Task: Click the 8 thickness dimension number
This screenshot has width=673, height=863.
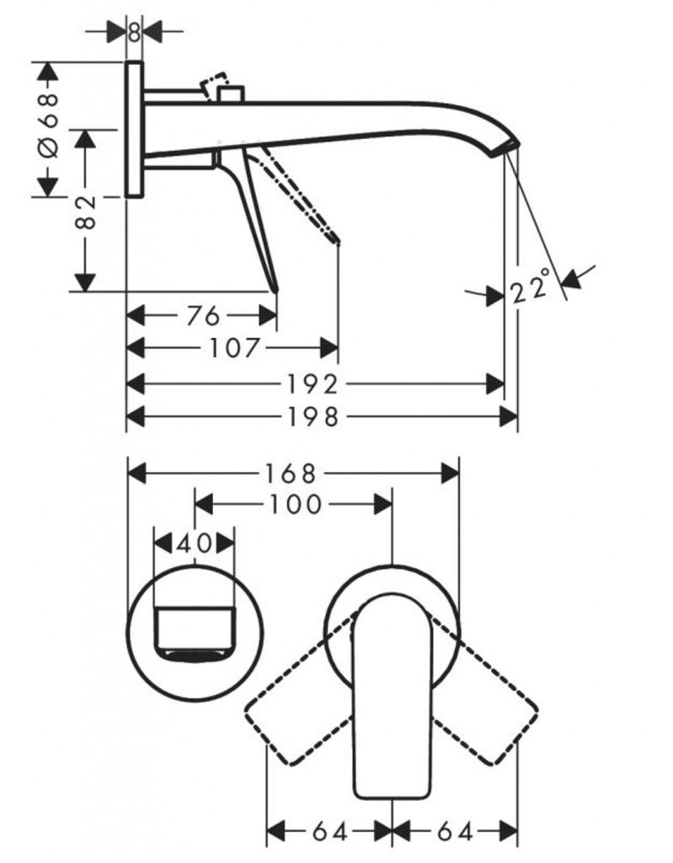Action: pos(134,31)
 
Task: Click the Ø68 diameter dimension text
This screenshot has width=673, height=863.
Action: pos(48,125)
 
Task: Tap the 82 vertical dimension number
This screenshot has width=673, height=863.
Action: pos(86,212)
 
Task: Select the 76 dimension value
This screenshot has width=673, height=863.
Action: pos(203,316)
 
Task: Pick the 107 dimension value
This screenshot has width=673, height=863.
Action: pos(234,347)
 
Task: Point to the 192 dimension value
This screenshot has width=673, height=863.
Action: pos(312,384)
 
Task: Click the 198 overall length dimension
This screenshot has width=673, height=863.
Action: pos(313,416)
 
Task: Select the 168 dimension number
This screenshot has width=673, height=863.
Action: pos(291,473)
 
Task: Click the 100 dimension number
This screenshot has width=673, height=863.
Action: pos(295,504)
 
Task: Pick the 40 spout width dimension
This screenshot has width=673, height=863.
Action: pos(195,544)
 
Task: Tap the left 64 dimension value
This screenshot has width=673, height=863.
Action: pos(330,832)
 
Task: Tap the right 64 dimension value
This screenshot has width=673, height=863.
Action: pos(455,832)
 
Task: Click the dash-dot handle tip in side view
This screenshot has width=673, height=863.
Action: pos(337,240)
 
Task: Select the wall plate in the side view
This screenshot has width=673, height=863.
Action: pos(134,129)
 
